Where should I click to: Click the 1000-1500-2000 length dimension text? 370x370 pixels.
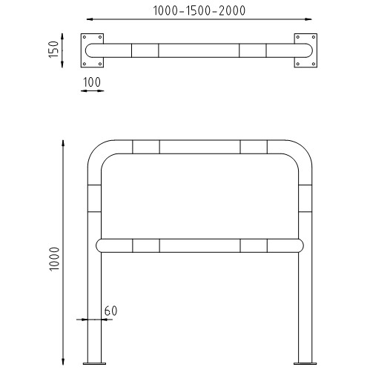pyautogui.click(x=199, y=10)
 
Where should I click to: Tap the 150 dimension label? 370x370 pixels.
pyautogui.click(x=53, y=50)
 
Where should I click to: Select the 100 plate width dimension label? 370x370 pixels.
pyautogui.click(x=92, y=82)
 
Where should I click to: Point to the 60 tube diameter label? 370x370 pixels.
pyautogui.click(x=110, y=311)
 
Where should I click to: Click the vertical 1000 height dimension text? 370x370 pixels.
pyautogui.click(x=54, y=259)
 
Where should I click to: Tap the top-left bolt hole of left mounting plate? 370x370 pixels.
pyautogui.click(x=85, y=37)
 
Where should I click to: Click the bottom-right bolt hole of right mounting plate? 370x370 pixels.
pyautogui.click(x=314, y=64)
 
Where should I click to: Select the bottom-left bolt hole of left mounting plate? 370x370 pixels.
pyautogui.click(x=85, y=64)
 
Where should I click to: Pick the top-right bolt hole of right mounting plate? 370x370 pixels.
pyautogui.click(x=314, y=37)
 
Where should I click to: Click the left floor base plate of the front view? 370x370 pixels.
pyautogui.click(x=94, y=363)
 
